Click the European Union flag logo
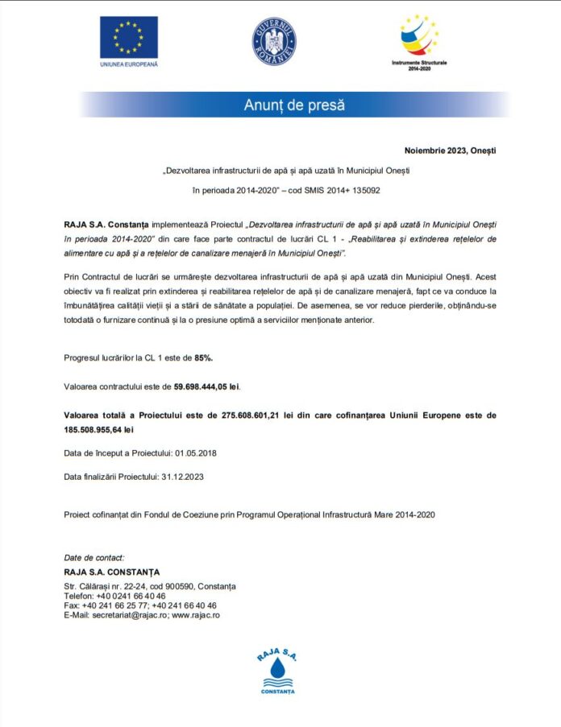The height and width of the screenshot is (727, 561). (x=129, y=37)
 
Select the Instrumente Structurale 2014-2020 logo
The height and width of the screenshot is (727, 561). (x=418, y=39)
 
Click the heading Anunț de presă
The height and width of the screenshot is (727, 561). (x=294, y=105)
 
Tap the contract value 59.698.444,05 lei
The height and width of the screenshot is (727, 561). (x=206, y=386)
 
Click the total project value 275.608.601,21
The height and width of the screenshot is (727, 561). (x=254, y=415)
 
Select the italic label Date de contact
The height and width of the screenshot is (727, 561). (x=93, y=557)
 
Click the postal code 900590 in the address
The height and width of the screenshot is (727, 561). (x=174, y=586)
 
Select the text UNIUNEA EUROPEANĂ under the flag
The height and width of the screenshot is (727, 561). (x=129, y=62)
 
